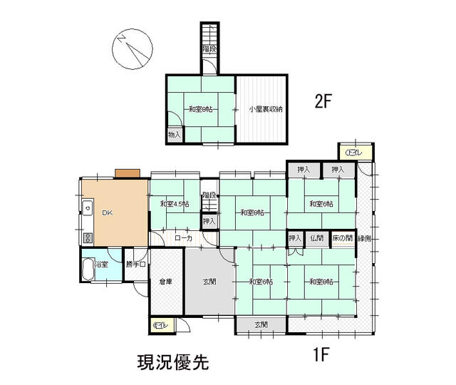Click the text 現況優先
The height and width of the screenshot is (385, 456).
tap(173, 362)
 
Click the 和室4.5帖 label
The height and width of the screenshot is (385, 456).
tap(175, 205)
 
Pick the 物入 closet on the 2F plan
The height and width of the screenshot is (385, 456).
tap(175, 135)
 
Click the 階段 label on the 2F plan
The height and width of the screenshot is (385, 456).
tap(209, 49)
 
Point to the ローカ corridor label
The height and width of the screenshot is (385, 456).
tap(183, 239)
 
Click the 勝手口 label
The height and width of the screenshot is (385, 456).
tap(135, 265)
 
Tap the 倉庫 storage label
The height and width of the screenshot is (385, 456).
tap(166, 282)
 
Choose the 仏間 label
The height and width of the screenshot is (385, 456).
tap(317, 238)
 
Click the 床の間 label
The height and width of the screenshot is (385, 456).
tap(343, 238)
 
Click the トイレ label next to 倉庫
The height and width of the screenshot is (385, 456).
tap(160, 326)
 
